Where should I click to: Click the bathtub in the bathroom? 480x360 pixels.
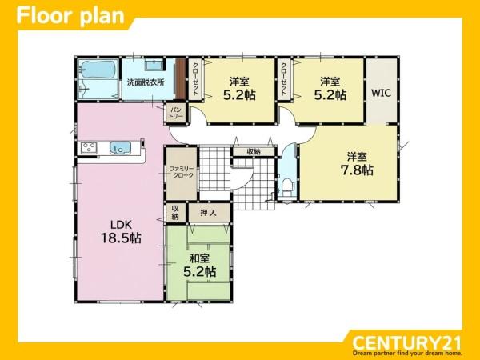coord(98,69)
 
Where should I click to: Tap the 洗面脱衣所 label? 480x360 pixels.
coord(146,82)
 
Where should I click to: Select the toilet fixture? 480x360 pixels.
coord(288,186)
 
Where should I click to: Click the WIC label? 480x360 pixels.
coord(381,93)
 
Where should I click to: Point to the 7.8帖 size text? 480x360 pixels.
coord(357,170)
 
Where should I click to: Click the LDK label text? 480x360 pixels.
coord(121,225)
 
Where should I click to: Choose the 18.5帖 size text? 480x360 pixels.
coord(121,238)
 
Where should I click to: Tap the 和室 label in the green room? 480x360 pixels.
coord(199,258)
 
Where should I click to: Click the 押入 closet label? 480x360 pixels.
coord(209,213)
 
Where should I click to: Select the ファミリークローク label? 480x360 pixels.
coord(182,172)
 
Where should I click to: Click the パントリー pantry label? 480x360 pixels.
coord(176,114)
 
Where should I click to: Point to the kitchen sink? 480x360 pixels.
coord(120,148)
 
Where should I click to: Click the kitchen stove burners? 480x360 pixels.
coord(89,148)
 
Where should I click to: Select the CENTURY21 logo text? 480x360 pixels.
coord(406,343)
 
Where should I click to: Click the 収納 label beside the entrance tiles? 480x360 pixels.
coord(254,151)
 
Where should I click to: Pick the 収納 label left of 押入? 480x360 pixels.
coord(175,213)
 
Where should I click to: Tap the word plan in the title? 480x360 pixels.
coord(102,17)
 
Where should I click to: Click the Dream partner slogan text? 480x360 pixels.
coord(407,354)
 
